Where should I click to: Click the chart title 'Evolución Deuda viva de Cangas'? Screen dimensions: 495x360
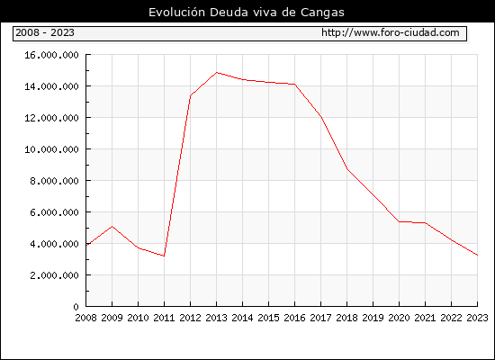(x=247, y=13)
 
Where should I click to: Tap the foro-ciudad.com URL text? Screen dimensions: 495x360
(x=391, y=32)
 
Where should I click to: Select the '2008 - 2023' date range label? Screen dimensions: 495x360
(x=45, y=32)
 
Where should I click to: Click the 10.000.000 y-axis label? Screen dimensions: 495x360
(x=51, y=149)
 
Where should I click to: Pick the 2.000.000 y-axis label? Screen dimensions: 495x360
(x=54, y=275)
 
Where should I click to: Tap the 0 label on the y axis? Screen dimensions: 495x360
(x=76, y=307)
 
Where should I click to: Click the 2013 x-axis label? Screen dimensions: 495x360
(x=216, y=318)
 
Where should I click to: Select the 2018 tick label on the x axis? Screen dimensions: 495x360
(x=346, y=318)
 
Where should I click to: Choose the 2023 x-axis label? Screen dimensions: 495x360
(x=477, y=318)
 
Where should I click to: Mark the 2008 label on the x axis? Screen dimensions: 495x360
(x=85, y=318)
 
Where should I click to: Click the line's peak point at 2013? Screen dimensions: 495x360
(x=217, y=73)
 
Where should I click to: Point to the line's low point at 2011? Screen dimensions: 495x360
(x=164, y=256)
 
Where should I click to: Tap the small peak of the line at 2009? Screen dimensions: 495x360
(x=112, y=227)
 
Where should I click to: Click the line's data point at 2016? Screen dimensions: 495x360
(x=295, y=85)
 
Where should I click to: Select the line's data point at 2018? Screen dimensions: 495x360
(x=346, y=169)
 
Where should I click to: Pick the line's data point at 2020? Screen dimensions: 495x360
(x=400, y=221)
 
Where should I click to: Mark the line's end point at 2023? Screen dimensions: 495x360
(x=477, y=256)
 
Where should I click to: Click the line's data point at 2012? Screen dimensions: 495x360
(x=191, y=95)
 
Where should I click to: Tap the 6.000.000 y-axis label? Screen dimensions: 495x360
(x=54, y=212)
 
